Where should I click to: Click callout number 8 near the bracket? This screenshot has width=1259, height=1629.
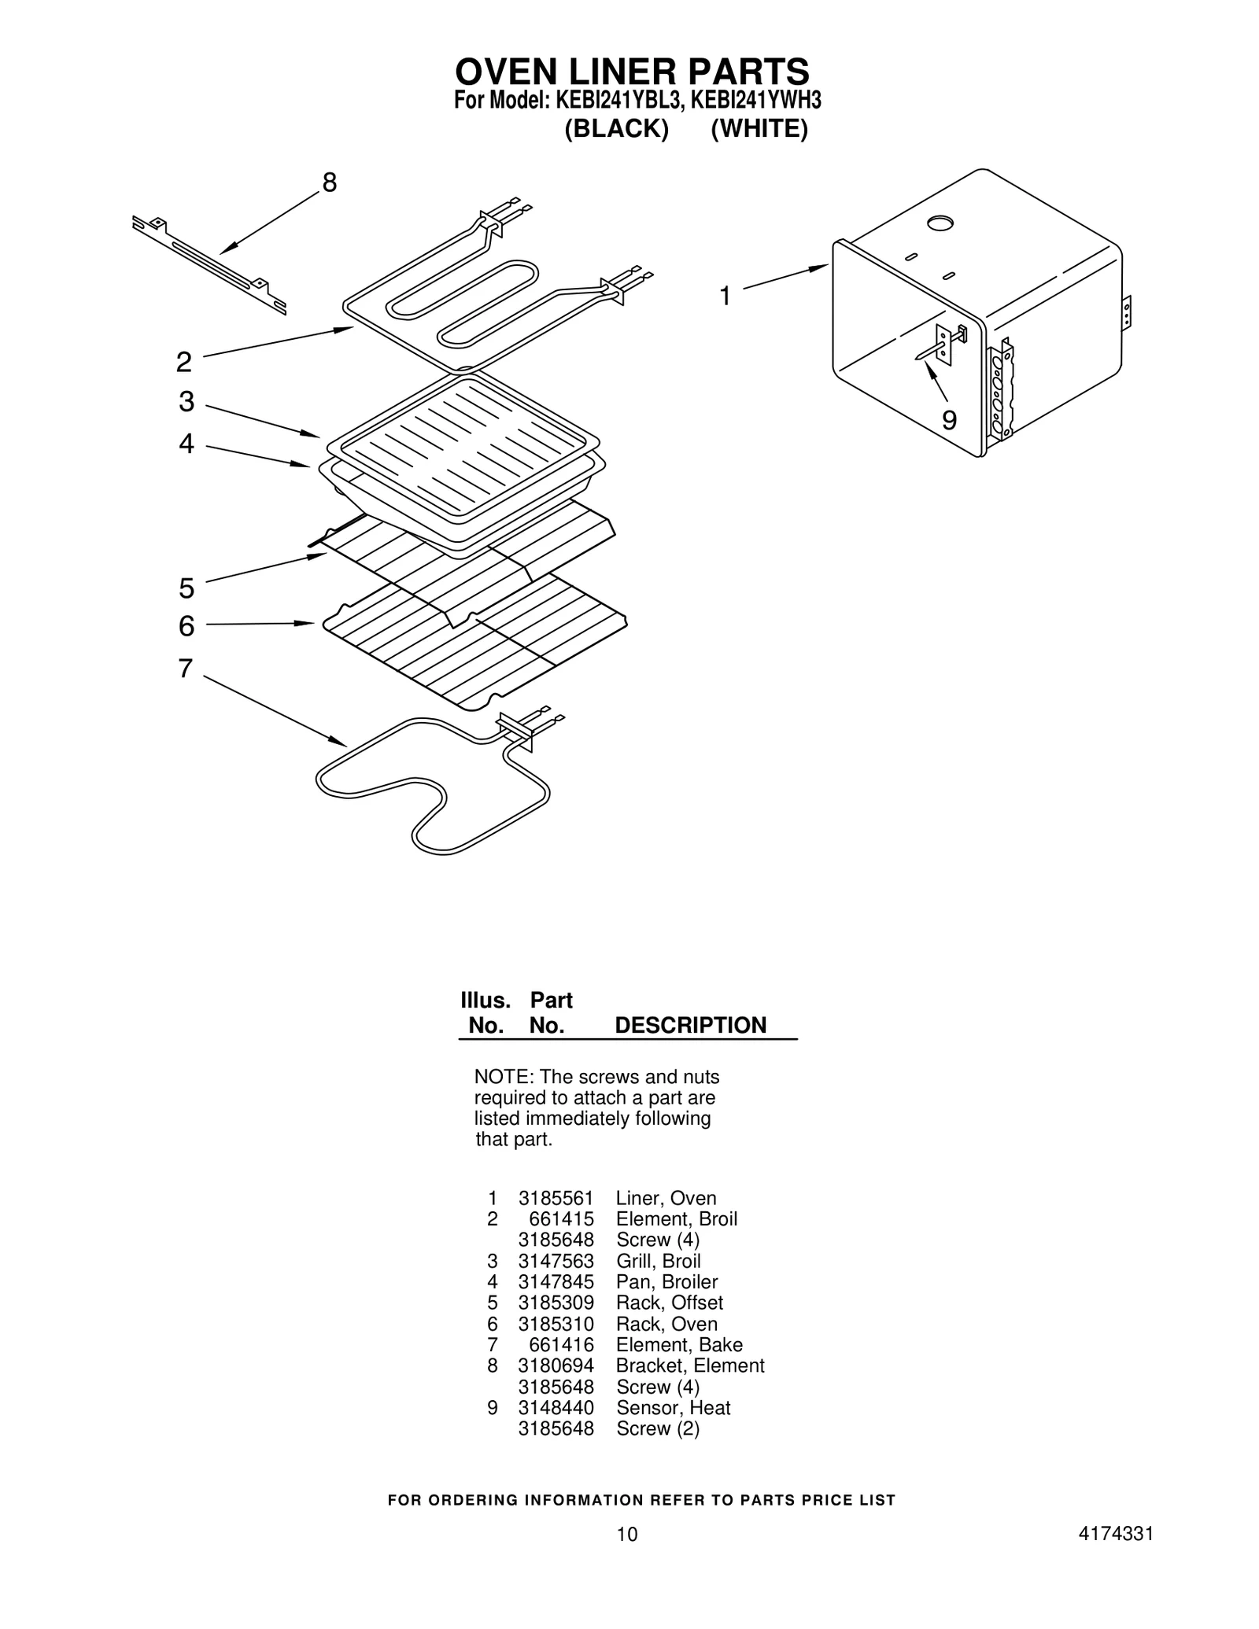(x=329, y=182)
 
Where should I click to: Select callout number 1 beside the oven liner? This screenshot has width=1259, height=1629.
(x=725, y=297)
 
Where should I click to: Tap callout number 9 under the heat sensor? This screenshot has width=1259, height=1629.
(x=949, y=421)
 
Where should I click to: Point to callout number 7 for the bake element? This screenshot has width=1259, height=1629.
(x=185, y=669)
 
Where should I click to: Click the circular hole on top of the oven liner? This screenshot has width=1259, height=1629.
(x=940, y=224)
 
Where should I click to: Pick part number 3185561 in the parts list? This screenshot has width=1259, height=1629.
(x=556, y=1198)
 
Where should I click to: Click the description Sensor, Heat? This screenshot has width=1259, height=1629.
(x=673, y=1407)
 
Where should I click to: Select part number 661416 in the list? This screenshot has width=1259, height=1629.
(x=561, y=1344)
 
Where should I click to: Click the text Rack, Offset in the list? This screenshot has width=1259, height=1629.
(x=669, y=1303)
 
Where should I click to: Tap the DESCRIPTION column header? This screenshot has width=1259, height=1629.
(x=690, y=1025)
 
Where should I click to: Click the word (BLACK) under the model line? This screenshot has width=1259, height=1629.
(x=616, y=129)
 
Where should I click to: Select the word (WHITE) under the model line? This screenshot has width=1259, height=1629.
(x=759, y=129)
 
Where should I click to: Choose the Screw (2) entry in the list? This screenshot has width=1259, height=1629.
(x=658, y=1428)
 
